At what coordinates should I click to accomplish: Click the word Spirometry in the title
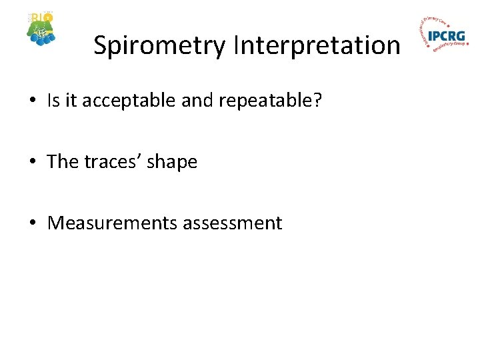[160, 46]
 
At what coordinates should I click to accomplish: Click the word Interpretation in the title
[317, 46]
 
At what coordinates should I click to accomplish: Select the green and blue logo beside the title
[41, 29]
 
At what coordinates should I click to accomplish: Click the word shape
[175, 163]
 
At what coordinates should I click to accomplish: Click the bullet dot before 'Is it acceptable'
[32, 102]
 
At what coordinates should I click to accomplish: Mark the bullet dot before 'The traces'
[32, 163]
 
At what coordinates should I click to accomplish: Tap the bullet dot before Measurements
[32, 223]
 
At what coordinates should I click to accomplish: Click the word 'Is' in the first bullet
[54, 101]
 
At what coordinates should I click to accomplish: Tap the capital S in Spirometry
[101, 45]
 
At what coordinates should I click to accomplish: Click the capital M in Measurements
[56, 223]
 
